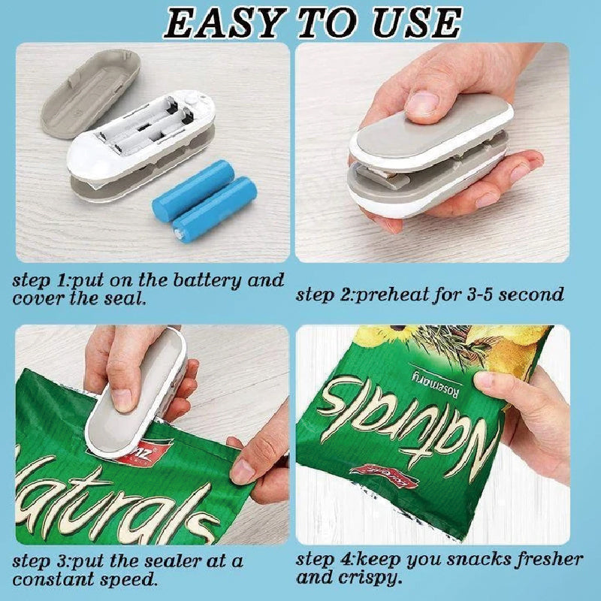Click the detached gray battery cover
tap(91, 93)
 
